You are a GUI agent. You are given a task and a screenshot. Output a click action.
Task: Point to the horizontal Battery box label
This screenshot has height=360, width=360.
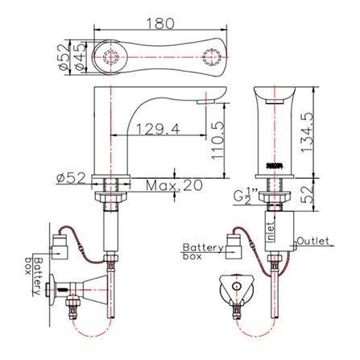click(x=201, y=251)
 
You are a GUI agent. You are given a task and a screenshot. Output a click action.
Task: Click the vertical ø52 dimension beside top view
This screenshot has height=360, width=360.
click(x=64, y=56)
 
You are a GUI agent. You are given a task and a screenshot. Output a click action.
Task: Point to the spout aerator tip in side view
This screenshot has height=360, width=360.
click(x=204, y=100)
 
